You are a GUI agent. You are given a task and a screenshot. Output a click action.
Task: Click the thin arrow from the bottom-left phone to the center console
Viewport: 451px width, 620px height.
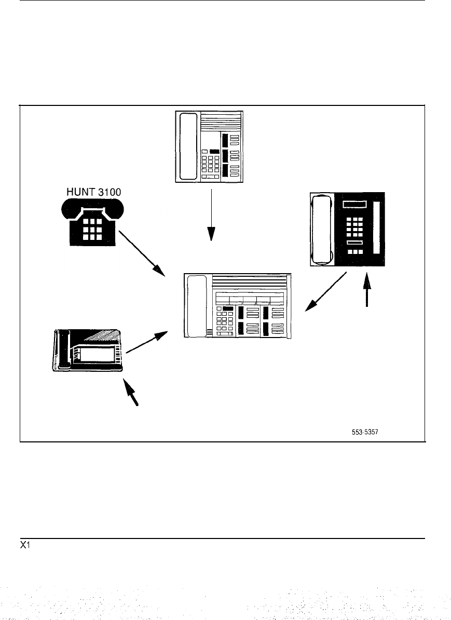tap(147, 343)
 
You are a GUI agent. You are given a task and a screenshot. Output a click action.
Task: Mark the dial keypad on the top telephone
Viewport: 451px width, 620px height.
tap(209, 165)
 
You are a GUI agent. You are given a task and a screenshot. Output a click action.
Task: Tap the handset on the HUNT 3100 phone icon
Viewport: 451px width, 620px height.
tap(92, 207)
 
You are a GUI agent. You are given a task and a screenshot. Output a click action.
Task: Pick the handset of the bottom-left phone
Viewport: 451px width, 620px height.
tap(63, 350)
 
